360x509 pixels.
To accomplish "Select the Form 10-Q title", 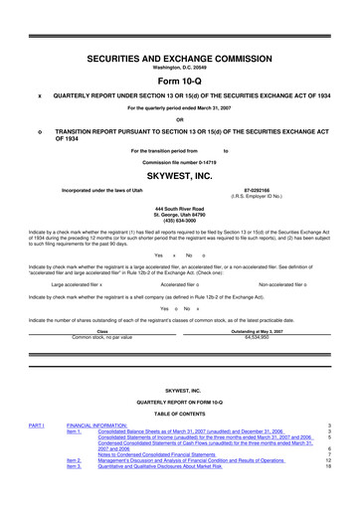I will tap(180, 83).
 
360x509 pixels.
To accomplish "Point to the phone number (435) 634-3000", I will tap(180, 222).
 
